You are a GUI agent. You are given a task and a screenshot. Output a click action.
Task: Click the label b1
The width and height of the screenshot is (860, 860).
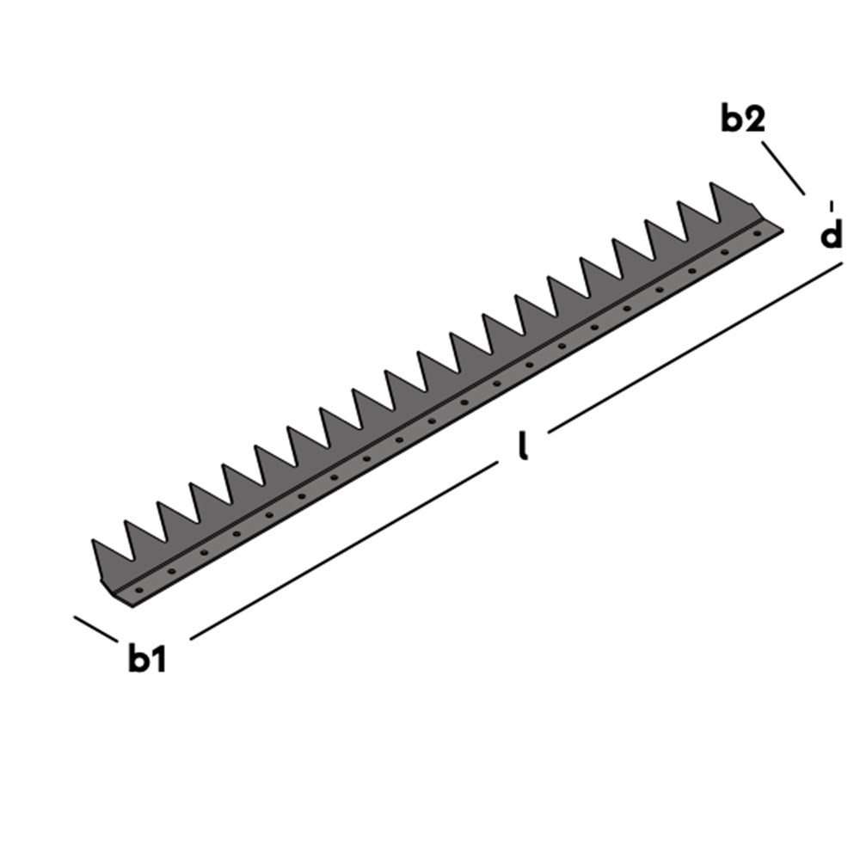(x=146, y=658)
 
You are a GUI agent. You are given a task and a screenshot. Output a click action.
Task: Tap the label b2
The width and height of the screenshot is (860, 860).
(x=743, y=119)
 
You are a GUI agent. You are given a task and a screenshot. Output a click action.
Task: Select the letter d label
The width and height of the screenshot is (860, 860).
(x=831, y=233)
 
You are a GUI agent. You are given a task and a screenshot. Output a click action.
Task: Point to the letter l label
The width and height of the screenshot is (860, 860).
(x=524, y=445)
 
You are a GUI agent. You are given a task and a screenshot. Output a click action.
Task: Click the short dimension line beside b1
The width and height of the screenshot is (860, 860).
(x=95, y=630)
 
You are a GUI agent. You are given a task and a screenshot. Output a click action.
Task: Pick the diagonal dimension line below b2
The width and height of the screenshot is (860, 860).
(x=783, y=168)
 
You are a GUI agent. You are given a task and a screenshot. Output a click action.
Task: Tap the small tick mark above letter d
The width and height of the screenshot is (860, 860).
(x=832, y=206)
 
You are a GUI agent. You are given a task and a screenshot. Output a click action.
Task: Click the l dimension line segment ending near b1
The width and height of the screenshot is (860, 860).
(x=344, y=550)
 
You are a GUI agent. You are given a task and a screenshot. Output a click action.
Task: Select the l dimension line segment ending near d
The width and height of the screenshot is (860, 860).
(x=695, y=347)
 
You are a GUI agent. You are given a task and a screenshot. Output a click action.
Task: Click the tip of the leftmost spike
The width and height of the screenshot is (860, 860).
(x=93, y=540)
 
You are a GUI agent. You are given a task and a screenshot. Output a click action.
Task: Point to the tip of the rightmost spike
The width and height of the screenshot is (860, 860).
(x=711, y=182)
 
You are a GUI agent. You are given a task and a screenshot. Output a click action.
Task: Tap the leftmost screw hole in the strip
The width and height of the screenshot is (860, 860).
(x=138, y=590)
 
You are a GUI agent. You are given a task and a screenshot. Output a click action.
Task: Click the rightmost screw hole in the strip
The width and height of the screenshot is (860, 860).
(x=758, y=234)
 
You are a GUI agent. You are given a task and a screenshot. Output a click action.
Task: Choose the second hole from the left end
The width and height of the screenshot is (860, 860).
(x=172, y=572)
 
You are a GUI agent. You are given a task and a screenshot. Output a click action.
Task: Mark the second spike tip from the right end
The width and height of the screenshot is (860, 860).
(x=679, y=202)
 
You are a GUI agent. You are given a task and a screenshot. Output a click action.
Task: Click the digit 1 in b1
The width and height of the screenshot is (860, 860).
(x=158, y=658)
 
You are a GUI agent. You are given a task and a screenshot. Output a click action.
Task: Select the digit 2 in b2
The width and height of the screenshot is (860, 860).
(x=754, y=119)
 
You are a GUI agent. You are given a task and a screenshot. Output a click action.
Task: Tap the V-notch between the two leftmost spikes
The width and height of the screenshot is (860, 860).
(x=132, y=560)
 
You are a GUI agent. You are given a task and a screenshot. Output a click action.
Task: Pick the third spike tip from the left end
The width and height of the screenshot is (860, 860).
(x=158, y=502)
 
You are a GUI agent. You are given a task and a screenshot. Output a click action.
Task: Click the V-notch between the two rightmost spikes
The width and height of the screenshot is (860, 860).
(x=717, y=222)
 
